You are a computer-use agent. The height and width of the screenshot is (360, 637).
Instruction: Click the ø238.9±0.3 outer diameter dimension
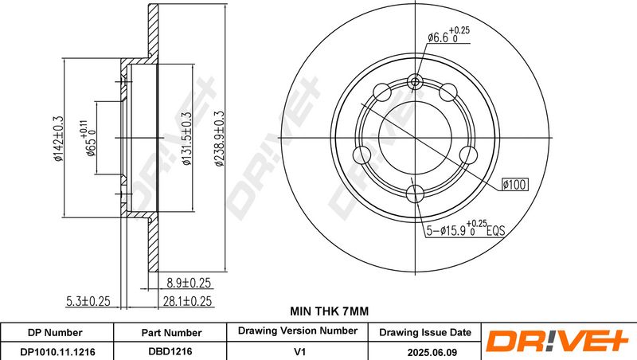point(220,139)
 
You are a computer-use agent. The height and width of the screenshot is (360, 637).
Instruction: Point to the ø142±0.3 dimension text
point(58,139)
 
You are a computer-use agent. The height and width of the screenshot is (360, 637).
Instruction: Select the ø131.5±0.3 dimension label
point(186,139)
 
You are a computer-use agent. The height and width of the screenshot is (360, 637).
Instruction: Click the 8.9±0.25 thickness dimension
point(189,283)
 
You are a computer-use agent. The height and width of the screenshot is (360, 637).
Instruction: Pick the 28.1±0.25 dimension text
point(187,301)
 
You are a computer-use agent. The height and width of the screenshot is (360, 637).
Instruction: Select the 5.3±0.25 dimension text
point(88,301)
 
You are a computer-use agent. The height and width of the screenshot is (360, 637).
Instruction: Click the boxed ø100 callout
point(514,185)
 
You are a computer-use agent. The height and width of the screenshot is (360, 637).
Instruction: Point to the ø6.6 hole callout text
point(448,35)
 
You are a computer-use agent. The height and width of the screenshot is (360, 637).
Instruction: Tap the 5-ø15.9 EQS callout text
point(465,229)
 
